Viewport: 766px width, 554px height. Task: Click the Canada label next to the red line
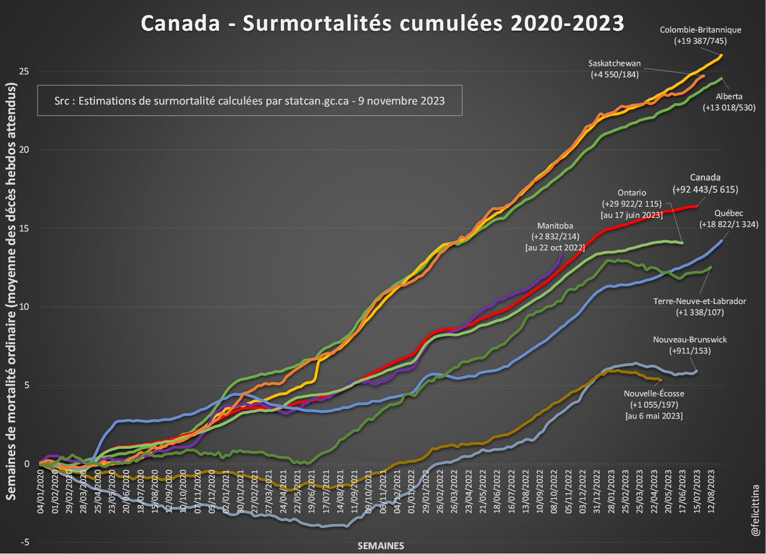[706, 177]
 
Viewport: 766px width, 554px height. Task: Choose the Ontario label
[632, 192]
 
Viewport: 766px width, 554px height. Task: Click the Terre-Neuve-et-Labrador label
[700, 301]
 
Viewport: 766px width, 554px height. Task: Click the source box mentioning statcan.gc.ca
[249, 101]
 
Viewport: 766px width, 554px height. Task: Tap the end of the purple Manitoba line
[562, 254]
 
